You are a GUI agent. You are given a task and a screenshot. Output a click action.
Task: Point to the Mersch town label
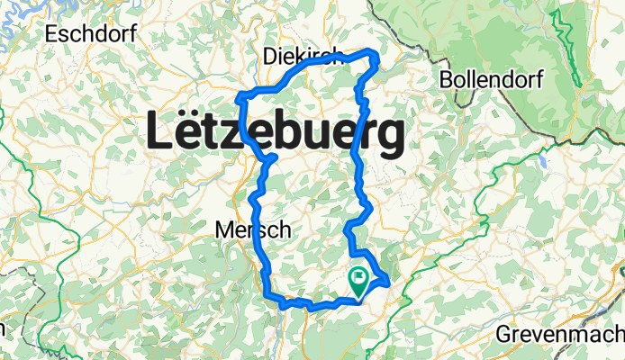coord(253,230)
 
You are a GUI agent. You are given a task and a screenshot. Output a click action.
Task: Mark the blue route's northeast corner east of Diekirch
coord(373,56)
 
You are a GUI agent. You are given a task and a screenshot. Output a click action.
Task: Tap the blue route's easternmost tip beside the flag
coord(387,283)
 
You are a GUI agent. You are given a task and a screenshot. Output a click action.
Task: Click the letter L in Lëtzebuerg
coord(159,134)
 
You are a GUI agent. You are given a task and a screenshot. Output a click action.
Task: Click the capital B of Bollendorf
coord(447,79)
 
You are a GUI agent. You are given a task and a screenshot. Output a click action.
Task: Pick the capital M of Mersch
coord(223,230)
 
